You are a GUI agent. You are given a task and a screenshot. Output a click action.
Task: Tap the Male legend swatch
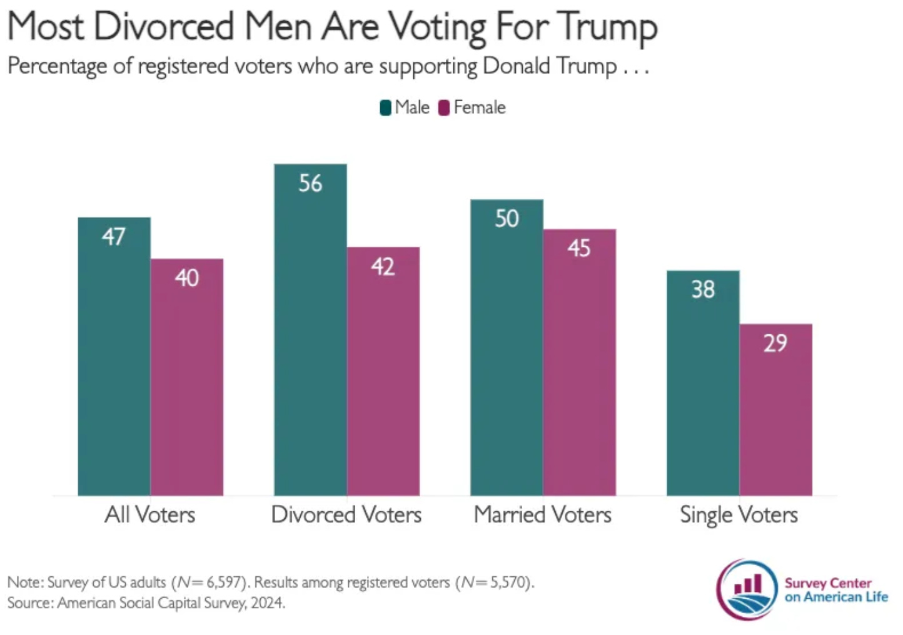(x=386, y=108)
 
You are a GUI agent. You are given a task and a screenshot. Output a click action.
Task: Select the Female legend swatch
(x=444, y=108)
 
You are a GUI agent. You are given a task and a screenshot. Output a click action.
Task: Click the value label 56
(x=310, y=184)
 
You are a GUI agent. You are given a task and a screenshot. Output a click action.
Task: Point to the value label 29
(x=775, y=343)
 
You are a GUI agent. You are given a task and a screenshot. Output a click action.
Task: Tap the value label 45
(x=579, y=249)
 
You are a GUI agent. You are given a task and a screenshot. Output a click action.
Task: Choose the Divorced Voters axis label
(x=346, y=515)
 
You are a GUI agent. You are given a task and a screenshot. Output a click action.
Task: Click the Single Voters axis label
(x=739, y=515)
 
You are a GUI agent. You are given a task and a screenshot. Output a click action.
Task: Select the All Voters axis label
(x=150, y=515)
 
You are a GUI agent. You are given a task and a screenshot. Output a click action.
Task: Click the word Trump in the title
(x=607, y=27)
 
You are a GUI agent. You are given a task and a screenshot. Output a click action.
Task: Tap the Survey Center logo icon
(x=748, y=589)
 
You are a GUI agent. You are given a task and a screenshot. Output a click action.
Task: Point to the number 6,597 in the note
(x=224, y=582)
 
